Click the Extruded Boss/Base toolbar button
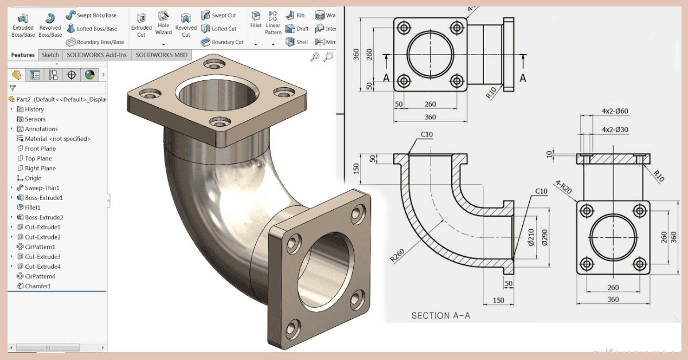tap(23, 25)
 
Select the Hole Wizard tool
tap(163, 25)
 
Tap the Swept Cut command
tap(218, 15)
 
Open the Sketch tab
tap(50, 55)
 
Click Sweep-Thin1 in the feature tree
tap(42, 188)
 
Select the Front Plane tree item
tap(40, 148)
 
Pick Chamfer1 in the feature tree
tap(38, 286)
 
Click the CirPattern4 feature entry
tap(40, 276)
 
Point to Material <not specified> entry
tap(57, 139)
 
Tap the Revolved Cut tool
tap(186, 25)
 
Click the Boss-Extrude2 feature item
tap(44, 217)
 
